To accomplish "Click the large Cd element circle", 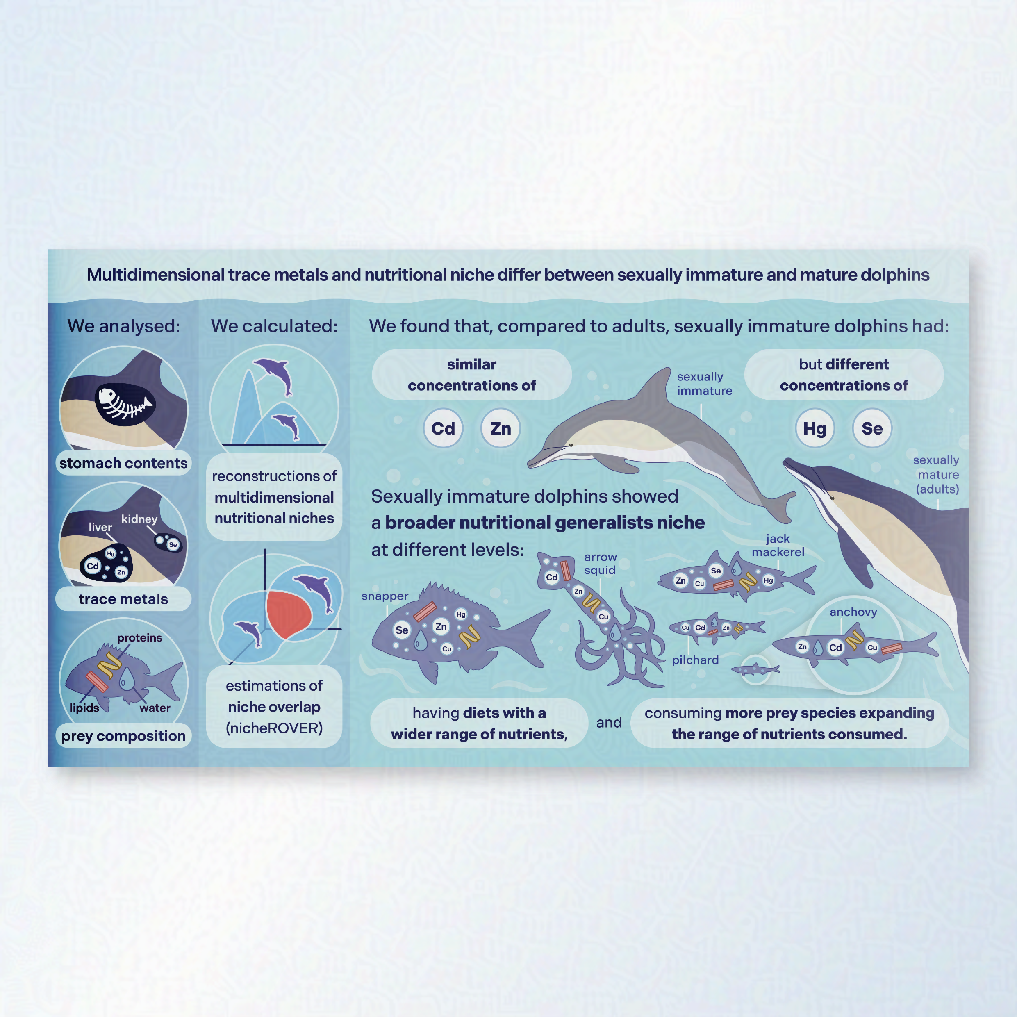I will pyautogui.click(x=443, y=428).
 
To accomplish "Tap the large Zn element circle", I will pyautogui.click(x=500, y=428).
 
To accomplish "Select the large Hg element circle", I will pyautogui.click(x=815, y=428).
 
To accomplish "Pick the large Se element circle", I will pyautogui.click(x=872, y=428).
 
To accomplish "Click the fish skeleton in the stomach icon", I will pyautogui.click(x=125, y=404).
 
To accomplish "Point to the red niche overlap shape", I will pyautogui.click(x=287, y=614).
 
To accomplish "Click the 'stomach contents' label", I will pyautogui.click(x=123, y=463).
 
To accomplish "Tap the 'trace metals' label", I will pyautogui.click(x=123, y=599).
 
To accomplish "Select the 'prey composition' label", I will pyautogui.click(x=123, y=736).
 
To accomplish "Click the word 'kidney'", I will pyautogui.click(x=139, y=519).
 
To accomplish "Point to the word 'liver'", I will pyautogui.click(x=100, y=527).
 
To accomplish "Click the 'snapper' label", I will pyautogui.click(x=385, y=596).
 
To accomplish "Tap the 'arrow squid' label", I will pyautogui.click(x=600, y=563).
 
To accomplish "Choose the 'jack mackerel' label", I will pyautogui.click(x=778, y=545).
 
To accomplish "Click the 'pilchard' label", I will pyautogui.click(x=695, y=660).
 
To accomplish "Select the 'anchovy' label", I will pyautogui.click(x=853, y=612).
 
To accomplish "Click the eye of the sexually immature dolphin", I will pyautogui.click(x=571, y=445).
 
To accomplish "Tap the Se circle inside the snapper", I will pyautogui.click(x=402, y=630).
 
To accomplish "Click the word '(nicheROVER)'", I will pyautogui.click(x=274, y=728).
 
